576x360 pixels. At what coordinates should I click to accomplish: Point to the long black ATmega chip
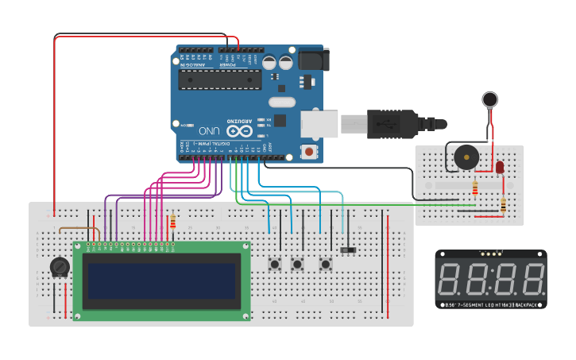pyautogui.click(x=220, y=79)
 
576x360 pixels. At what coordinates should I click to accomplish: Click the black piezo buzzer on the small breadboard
pyautogui.click(x=463, y=157)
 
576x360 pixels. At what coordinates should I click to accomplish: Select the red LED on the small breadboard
pyautogui.click(x=500, y=168)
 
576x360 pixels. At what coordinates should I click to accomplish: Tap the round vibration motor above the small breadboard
pyautogui.click(x=490, y=99)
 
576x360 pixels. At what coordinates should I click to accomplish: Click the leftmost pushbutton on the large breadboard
pyautogui.click(x=276, y=264)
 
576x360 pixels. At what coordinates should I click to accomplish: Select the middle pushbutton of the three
pyautogui.click(x=298, y=264)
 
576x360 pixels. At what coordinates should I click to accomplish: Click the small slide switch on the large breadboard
pyautogui.click(x=348, y=250)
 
